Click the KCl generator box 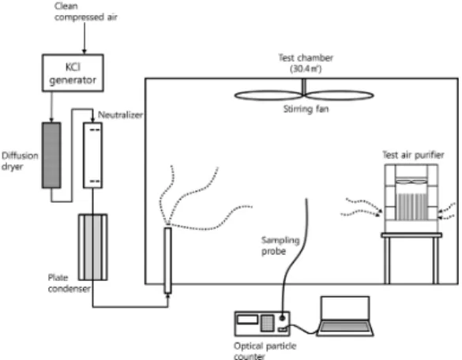[x=73, y=73]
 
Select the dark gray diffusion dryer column [x=51, y=156]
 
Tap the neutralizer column [x=93, y=156]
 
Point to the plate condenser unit [x=93, y=247]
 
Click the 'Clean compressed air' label [x=86, y=12]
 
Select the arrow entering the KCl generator [x=85, y=38]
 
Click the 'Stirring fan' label [x=306, y=109]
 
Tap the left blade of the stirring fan [x=269, y=96]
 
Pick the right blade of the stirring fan [x=340, y=96]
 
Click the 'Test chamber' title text [x=306, y=58]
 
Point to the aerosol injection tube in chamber [x=167, y=261]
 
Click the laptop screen [x=345, y=308]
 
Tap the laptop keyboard [x=345, y=328]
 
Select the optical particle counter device [x=262, y=324]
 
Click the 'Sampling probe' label [x=280, y=246]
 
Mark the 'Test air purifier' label [x=413, y=155]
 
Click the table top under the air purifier [x=411, y=235]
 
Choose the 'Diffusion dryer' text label [x=20, y=161]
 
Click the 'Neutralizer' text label [x=120, y=115]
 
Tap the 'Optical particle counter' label [x=265, y=351]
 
